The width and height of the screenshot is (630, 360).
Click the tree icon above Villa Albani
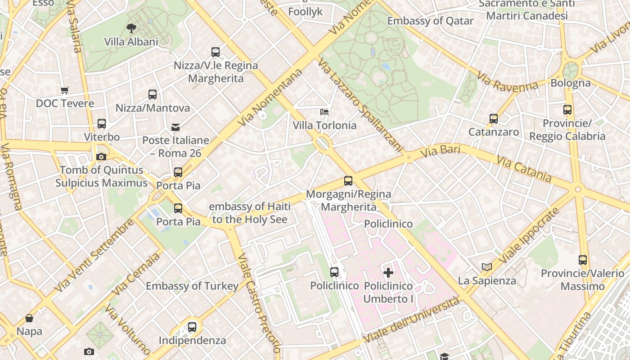[131, 28]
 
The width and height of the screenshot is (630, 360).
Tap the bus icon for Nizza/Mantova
[153, 94]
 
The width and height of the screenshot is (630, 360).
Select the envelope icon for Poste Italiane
[175, 127]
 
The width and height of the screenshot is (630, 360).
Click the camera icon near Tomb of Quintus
[101, 157]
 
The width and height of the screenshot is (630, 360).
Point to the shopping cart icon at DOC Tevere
[65, 90]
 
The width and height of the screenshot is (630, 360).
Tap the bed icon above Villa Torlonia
[324, 112]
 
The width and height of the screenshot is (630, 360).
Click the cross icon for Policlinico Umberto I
[388, 272]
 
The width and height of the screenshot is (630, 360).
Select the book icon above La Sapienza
[487, 267]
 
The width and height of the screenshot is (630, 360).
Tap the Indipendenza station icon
[192, 327]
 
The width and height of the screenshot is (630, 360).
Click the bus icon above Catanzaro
[494, 119]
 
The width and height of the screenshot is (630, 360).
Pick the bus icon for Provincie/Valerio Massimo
[583, 260]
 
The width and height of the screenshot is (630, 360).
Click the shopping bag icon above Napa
[29, 318]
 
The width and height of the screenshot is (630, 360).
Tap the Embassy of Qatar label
[430, 21]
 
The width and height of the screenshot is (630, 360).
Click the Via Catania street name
[524, 169]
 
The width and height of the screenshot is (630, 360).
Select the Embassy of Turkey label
[192, 286]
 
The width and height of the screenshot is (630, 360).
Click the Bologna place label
[571, 83]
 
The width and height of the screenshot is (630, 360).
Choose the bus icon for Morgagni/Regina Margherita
[348, 181]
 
